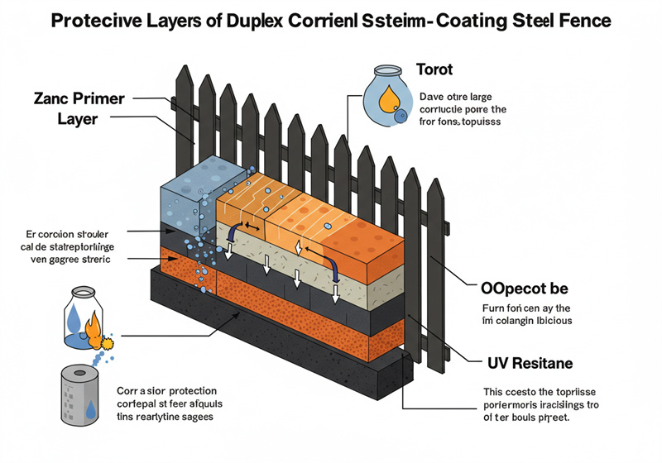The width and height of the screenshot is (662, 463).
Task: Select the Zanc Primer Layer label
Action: (x=79, y=108)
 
